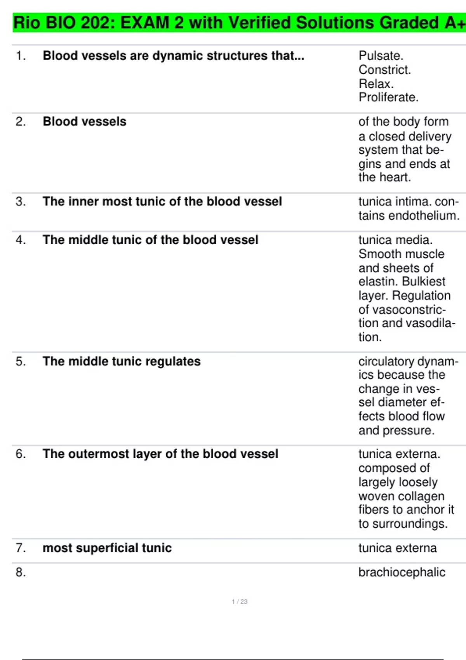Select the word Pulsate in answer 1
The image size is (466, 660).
pos(380,56)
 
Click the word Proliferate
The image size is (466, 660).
pos(388,97)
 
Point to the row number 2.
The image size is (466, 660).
pos(20,122)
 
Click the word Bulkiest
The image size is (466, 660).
pos(424,281)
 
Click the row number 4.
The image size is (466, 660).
pos(20,240)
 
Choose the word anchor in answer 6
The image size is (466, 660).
pos(427,510)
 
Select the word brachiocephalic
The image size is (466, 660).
pos(402,572)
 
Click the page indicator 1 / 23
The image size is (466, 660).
pos(240,601)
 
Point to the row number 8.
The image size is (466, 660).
pos(20,572)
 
